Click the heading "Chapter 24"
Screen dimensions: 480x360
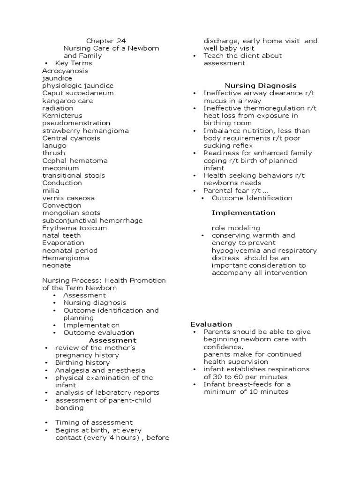[106, 41]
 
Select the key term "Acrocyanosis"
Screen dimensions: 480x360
[65, 71]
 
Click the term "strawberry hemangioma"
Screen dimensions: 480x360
[85, 131]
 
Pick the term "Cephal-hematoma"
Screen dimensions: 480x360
[75, 161]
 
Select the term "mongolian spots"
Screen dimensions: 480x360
[71, 213]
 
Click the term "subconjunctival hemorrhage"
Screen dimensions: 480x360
[92, 221]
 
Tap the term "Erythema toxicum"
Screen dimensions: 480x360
[75, 228]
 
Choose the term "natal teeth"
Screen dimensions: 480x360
[61, 236]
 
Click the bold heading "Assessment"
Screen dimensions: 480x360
[112, 340]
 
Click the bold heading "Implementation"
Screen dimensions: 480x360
[243, 213]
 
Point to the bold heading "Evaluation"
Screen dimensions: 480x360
[211, 324]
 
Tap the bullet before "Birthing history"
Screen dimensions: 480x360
[46, 363]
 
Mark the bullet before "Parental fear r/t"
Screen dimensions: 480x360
[195, 191]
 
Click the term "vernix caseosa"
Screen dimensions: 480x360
[68, 198]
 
